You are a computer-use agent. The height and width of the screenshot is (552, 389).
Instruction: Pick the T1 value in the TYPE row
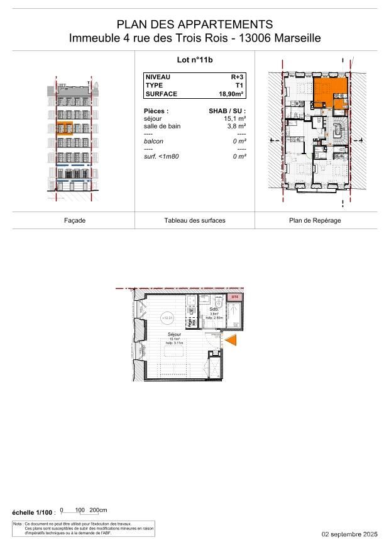(240, 85)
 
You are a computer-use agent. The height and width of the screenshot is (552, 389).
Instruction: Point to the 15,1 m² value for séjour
(234, 118)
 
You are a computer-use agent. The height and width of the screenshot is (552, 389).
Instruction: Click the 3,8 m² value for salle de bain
(236, 126)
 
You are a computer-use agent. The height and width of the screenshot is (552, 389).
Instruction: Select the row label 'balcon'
(153, 142)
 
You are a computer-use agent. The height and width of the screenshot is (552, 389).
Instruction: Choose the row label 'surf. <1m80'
(162, 156)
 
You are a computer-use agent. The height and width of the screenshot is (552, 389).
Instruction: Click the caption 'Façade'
(75, 220)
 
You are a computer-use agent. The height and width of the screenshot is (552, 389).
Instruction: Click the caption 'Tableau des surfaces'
(195, 220)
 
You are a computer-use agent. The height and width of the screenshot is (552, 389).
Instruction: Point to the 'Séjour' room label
(174, 334)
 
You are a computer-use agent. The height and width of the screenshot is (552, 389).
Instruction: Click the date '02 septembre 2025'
(349, 534)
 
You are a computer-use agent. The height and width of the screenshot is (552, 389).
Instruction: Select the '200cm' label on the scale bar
(98, 510)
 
